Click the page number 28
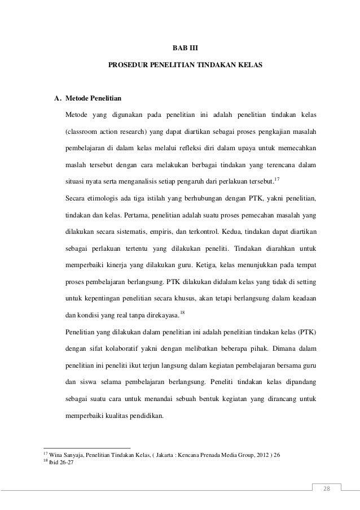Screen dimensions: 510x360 point(325,488)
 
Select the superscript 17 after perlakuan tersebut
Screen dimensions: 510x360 point(276,179)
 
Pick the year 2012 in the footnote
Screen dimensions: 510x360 point(256,455)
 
